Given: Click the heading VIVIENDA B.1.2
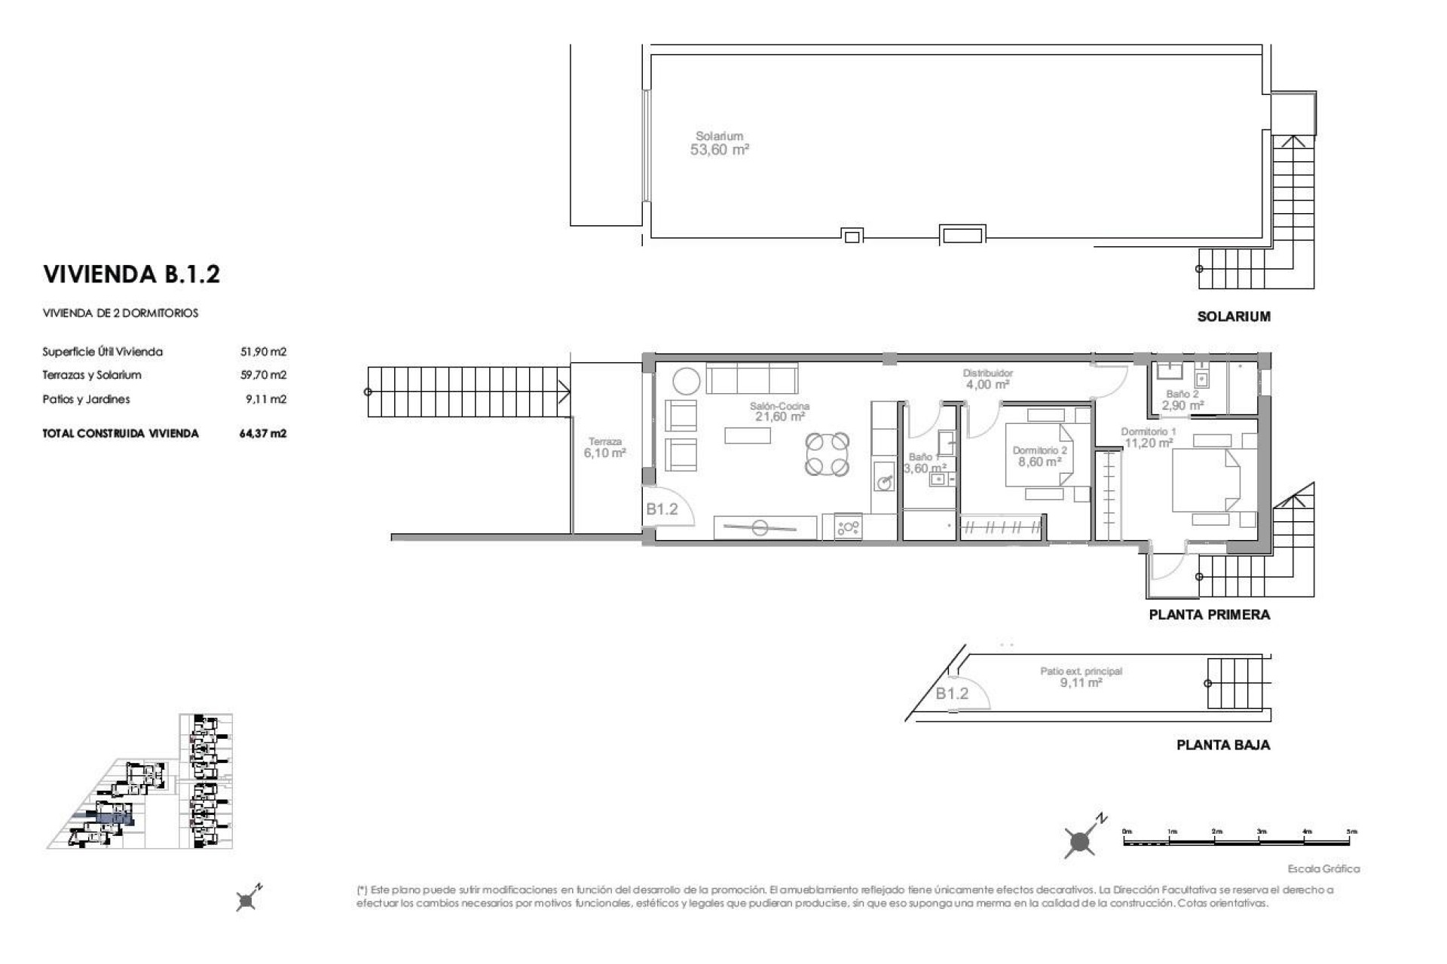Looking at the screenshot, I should click(132, 274).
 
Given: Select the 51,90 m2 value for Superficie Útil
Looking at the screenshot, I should click(264, 352).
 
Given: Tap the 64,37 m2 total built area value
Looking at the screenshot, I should click(264, 434).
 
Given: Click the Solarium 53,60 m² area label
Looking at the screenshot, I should click(720, 144).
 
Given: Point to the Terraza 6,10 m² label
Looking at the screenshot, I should click(604, 448).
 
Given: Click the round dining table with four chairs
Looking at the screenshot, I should click(827, 454).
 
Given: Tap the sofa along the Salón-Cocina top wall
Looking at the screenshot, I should click(751, 377).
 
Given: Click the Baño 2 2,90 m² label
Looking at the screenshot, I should click(1182, 400).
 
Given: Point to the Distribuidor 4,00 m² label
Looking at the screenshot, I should click(987, 379).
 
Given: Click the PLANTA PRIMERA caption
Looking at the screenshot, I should click(1209, 615).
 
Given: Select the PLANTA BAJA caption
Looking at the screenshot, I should click(1222, 746).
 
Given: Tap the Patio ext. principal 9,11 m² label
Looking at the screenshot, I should click(1081, 677).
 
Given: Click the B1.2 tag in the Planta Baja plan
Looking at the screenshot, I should click(952, 694).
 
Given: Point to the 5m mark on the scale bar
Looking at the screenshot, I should click(1351, 832).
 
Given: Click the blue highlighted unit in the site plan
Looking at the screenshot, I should click(114, 818).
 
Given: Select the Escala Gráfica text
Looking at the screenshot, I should click(1323, 869).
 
